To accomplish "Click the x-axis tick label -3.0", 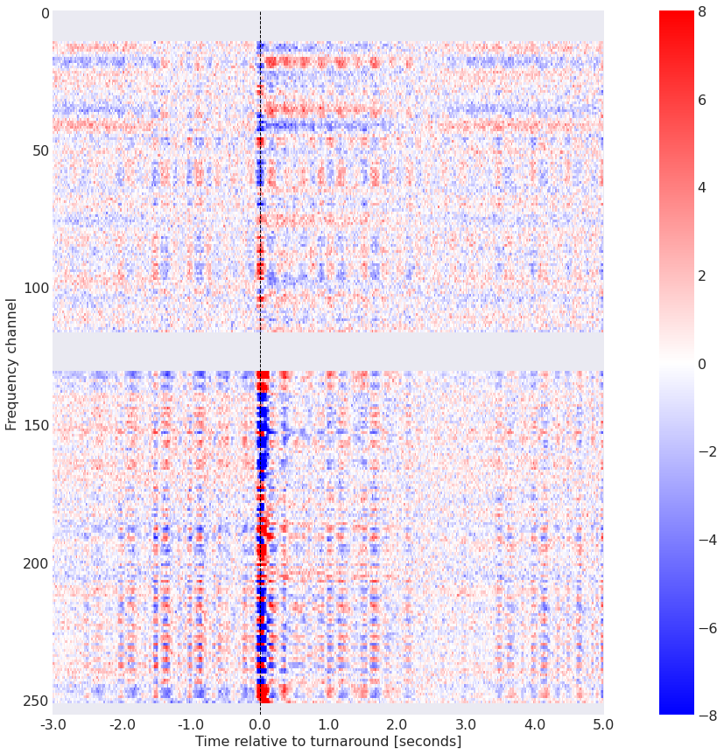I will coord(53,724).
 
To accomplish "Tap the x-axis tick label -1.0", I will coord(190,724).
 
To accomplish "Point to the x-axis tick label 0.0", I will coord(260,724).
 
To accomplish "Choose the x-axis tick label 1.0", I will coord(328,724).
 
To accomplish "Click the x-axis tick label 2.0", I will coord(397,724).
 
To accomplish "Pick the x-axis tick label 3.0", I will coord(466,724).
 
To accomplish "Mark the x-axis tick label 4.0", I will coord(535,724).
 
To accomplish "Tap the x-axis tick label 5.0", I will coord(603,724).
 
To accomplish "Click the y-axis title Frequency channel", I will coord(11,364).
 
